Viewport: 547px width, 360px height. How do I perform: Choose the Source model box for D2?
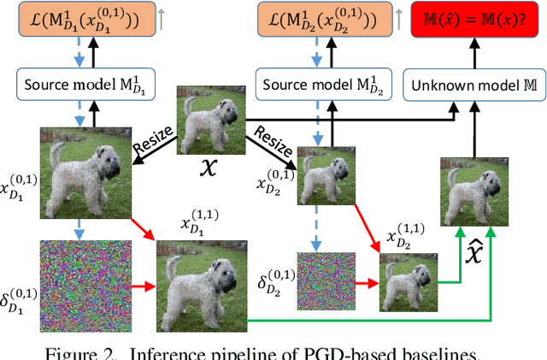pyautogui.click(x=317, y=85)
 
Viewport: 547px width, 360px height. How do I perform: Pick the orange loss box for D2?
pyautogui.click(x=318, y=18)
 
